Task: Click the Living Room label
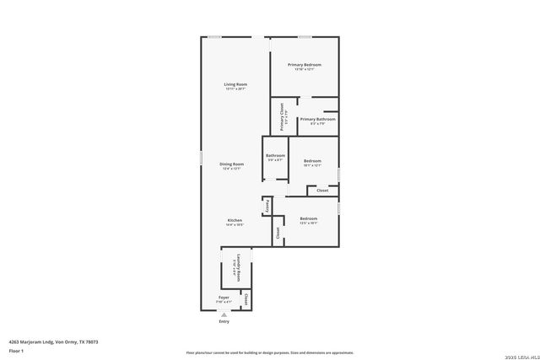(x=235, y=84)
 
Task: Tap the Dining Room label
(x=232, y=164)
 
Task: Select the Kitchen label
(x=235, y=220)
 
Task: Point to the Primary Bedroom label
(x=304, y=65)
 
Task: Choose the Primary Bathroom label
(x=317, y=119)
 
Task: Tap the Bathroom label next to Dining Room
(x=276, y=155)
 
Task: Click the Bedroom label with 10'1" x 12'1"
(x=312, y=160)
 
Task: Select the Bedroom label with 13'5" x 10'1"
(x=308, y=218)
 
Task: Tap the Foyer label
(x=224, y=298)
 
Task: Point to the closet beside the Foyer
(x=246, y=299)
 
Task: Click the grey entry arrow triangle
(x=224, y=314)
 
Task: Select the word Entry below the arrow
(x=224, y=321)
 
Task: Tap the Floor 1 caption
(x=16, y=350)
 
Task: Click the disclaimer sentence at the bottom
(x=269, y=352)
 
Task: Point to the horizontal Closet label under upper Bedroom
(x=322, y=191)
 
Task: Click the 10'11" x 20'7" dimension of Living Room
(x=235, y=89)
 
